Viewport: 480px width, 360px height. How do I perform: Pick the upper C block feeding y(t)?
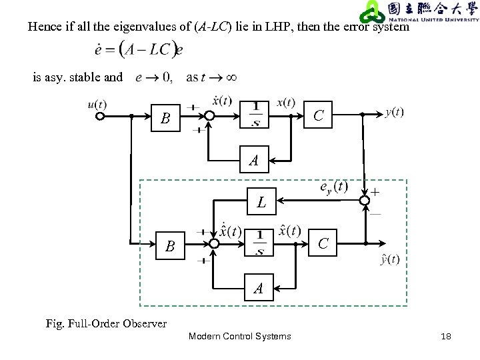[319, 116]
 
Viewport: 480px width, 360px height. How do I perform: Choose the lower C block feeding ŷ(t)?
[323, 244]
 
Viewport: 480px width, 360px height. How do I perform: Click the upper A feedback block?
[253, 161]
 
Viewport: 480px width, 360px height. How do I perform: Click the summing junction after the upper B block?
[210, 116]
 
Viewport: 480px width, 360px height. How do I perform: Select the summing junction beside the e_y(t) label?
[365, 200]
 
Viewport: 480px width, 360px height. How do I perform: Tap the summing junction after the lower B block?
[213, 244]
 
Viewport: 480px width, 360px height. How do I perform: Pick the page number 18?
[446, 337]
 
